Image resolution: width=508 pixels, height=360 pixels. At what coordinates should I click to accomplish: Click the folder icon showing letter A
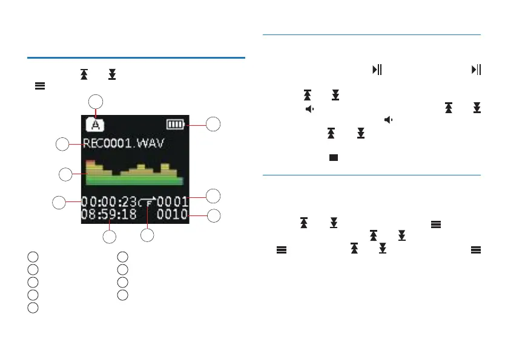(x=93, y=125)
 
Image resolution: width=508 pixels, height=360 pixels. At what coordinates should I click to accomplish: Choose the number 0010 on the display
(x=173, y=214)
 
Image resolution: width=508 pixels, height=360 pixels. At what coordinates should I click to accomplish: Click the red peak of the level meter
(x=90, y=163)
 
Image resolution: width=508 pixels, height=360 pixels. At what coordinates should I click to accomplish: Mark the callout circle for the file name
(x=62, y=144)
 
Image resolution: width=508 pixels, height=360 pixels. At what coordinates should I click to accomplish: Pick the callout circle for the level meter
(x=65, y=174)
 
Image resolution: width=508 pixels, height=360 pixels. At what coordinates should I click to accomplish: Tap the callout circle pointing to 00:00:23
(x=59, y=201)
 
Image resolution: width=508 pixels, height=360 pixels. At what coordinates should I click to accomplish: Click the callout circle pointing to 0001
(x=213, y=195)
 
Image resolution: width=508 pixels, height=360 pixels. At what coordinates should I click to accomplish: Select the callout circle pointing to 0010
(x=214, y=215)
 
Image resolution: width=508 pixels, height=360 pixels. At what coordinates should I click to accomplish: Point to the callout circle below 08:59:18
(x=109, y=237)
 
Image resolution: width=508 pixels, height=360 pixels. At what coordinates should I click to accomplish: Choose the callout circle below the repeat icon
(x=148, y=235)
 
